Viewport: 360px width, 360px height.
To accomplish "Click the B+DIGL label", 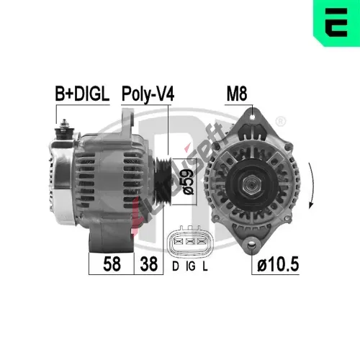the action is point(82,94).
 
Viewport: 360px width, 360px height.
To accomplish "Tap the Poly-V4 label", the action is point(148,94).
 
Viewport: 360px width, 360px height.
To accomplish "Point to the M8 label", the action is point(237,94).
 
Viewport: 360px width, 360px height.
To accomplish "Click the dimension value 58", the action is point(112,264).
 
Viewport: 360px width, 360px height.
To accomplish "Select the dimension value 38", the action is point(149,264).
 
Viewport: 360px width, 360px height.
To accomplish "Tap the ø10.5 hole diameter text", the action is point(278,264).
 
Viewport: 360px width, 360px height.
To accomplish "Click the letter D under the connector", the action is point(176,266).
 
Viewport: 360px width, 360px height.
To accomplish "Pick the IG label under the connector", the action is point(191,266).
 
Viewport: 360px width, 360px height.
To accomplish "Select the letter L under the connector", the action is point(204,266).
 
